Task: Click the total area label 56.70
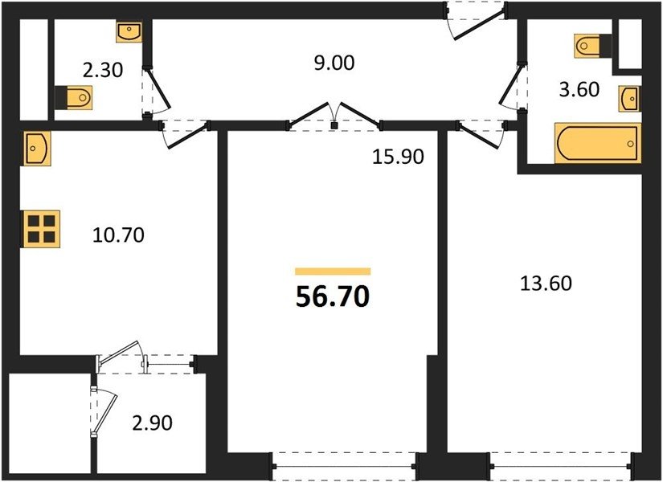[x=333, y=296]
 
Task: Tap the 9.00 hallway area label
[x=334, y=63]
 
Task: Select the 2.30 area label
[x=103, y=70]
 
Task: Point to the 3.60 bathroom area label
[x=579, y=89]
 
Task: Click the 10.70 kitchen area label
[x=118, y=235]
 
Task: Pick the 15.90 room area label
[x=398, y=157]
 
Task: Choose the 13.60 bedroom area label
[x=546, y=283]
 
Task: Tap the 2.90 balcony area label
[x=152, y=423]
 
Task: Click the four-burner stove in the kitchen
[x=41, y=229]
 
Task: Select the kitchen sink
[x=37, y=148]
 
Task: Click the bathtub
[x=597, y=143]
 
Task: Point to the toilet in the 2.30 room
[x=74, y=97]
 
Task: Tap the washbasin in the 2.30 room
[x=129, y=32]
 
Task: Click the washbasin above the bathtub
[x=629, y=99]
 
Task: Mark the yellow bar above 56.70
[x=333, y=272]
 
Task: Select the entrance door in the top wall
[x=475, y=19]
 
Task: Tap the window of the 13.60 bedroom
[x=563, y=467]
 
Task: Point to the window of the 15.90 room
[x=345, y=467]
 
